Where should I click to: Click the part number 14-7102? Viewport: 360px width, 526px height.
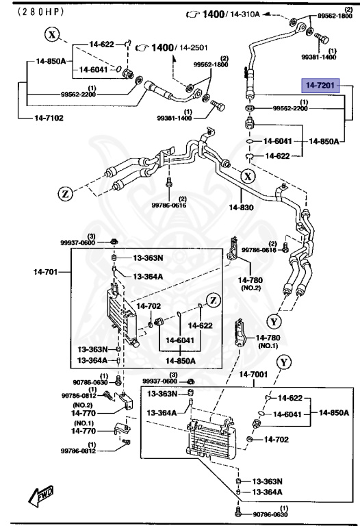(49, 117)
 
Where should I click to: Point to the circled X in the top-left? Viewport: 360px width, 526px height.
(53, 34)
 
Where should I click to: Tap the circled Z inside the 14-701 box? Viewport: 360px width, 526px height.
(213, 299)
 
